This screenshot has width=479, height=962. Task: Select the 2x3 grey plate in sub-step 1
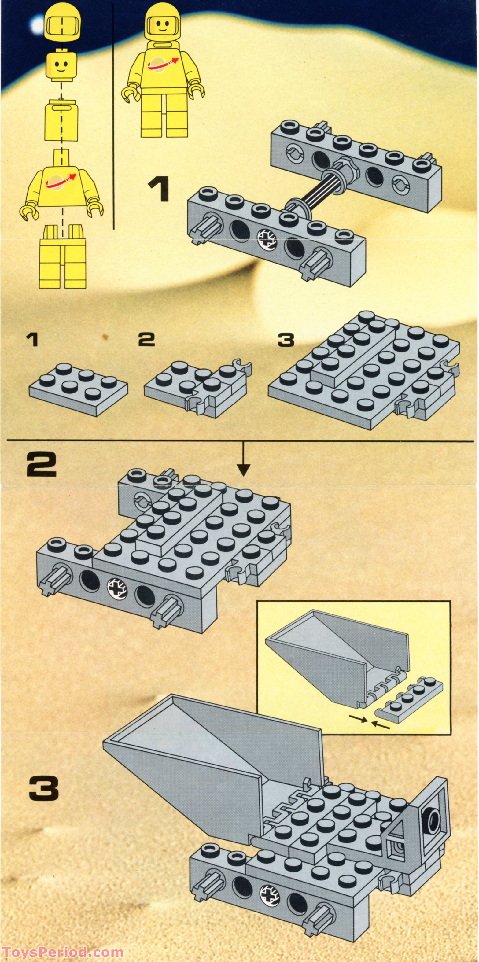pos(78,389)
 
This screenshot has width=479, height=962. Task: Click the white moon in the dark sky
pos(37,25)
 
